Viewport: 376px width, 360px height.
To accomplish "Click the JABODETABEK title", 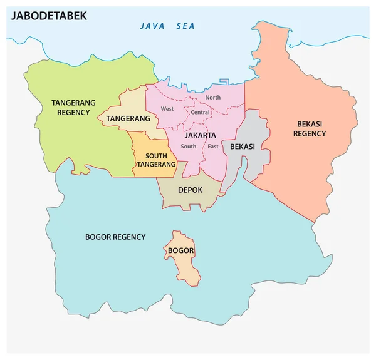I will (48, 16).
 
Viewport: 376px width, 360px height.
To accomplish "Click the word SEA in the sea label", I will (186, 26).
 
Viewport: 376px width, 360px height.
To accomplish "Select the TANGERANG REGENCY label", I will (75, 108).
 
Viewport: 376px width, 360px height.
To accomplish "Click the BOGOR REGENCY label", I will (115, 237).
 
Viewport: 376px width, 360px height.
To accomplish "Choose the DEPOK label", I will (191, 190).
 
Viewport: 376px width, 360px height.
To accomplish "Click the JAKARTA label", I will (201, 135).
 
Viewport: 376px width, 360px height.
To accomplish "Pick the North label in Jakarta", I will (213, 98).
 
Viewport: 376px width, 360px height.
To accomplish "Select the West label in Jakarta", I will (167, 109).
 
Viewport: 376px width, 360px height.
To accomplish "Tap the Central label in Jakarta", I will (201, 113).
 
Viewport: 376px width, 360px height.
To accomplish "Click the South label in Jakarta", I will (188, 147).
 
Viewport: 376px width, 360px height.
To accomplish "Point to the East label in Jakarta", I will (213, 147).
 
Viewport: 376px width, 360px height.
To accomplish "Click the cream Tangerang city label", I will (128, 118).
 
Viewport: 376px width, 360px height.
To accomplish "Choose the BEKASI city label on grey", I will (242, 147).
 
